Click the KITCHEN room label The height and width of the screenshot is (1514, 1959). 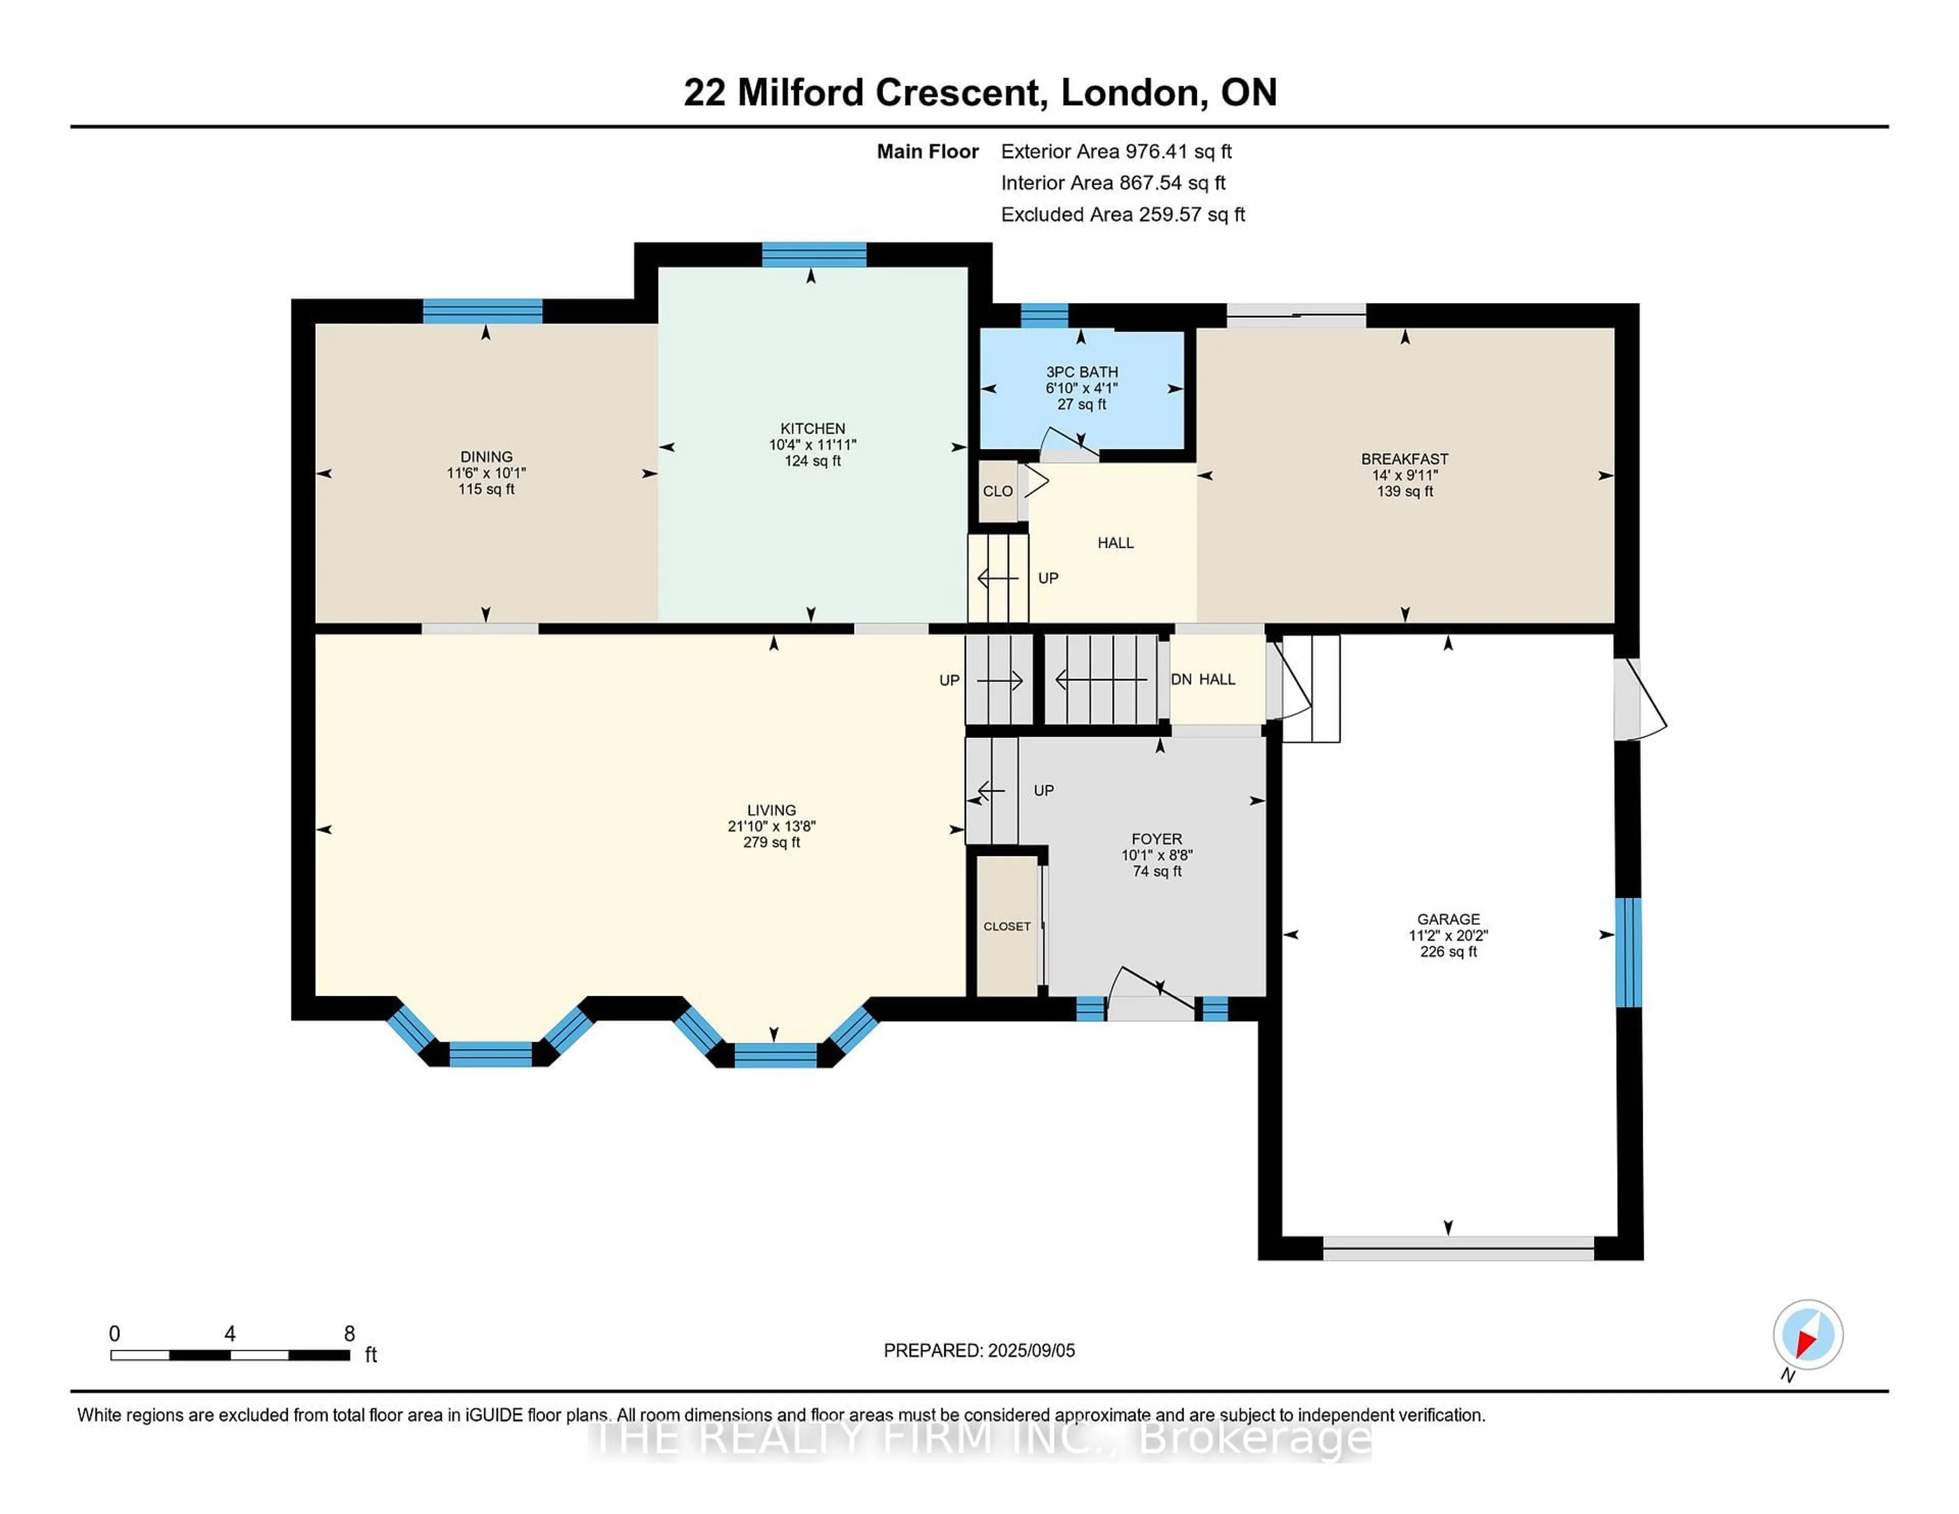(812, 428)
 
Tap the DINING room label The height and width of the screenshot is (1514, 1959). (486, 457)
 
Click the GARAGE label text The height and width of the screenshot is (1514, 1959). (1448, 919)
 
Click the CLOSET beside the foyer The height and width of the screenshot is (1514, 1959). (1007, 926)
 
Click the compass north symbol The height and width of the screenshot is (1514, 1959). (1807, 1334)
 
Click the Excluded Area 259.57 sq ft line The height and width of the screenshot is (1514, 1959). (1122, 214)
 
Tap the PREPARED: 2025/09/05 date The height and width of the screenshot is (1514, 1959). (978, 1351)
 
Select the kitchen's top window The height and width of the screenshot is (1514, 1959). (814, 255)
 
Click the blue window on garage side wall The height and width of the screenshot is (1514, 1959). (1628, 952)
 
